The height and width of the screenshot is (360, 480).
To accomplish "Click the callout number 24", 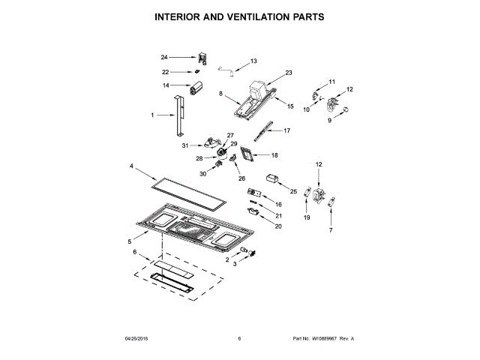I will [164, 56].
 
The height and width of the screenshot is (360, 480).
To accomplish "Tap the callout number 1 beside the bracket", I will [152, 115].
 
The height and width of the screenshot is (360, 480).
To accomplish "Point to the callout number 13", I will [253, 61].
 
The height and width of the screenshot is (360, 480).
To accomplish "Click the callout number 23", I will [288, 72].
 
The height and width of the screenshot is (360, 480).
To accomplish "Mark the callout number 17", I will [286, 130].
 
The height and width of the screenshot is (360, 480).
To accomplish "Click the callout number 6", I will [135, 253].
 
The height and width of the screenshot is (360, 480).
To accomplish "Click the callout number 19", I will [306, 217].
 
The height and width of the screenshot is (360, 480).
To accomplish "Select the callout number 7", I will [331, 229].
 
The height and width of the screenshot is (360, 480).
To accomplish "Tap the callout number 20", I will [278, 226].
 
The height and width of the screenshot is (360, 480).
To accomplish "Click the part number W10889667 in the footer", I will [325, 339].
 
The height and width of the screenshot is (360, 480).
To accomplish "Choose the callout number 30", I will [202, 174].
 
